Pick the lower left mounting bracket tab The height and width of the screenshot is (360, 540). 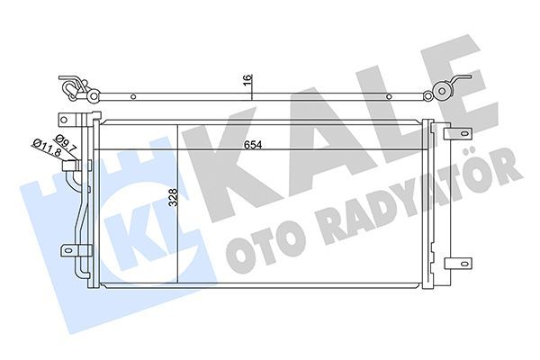click(67, 251)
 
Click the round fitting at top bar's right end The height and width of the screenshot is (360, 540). click(442, 90)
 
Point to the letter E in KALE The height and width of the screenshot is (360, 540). click(468, 85)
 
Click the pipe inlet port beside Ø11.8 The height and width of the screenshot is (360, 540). click(88, 165)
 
